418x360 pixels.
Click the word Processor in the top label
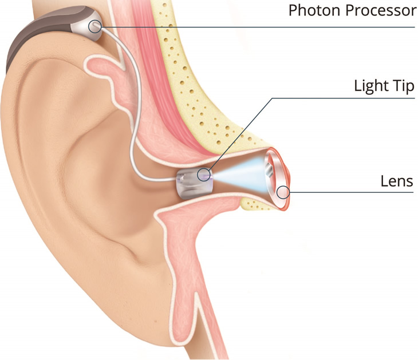pyautogui.click(x=381, y=11)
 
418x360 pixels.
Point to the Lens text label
pyautogui.click(x=397, y=181)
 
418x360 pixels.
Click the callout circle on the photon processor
pyautogui.click(x=95, y=26)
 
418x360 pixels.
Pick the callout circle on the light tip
pyautogui.click(x=204, y=174)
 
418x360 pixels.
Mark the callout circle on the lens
pyautogui.click(x=283, y=192)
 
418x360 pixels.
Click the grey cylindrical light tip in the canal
pyautogui.click(x=194, y=184)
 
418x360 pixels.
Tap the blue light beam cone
pyautogui.click(x=240, y=175)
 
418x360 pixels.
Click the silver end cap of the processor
pyautogui.click(x=86, y=27)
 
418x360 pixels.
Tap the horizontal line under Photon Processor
pyautogui.click(x=258, y=27)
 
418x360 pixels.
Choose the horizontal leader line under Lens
pyautogui.click(x=352, y=192)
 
